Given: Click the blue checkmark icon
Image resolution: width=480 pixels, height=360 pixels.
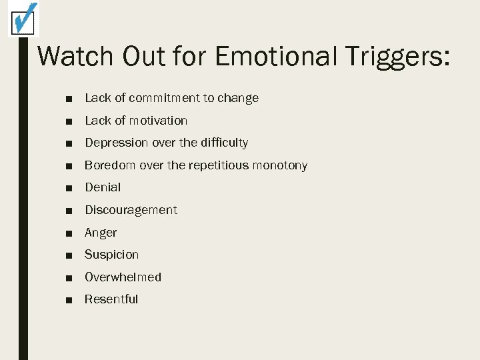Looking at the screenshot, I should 23,18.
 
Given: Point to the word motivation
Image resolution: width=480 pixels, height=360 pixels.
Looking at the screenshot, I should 158,121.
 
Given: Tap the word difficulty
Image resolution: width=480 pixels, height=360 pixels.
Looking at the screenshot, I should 222,143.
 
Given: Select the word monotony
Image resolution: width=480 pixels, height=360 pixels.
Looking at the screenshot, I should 280,165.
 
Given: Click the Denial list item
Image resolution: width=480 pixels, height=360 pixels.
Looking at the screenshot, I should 103,187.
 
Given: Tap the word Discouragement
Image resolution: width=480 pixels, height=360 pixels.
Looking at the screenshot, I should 131,210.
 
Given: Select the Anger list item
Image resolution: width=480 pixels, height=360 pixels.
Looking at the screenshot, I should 101,233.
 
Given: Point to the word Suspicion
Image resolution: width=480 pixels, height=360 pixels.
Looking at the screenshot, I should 111,255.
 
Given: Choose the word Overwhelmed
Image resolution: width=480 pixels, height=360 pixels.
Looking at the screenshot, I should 123,277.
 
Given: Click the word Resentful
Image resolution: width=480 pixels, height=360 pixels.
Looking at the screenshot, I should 111,299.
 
